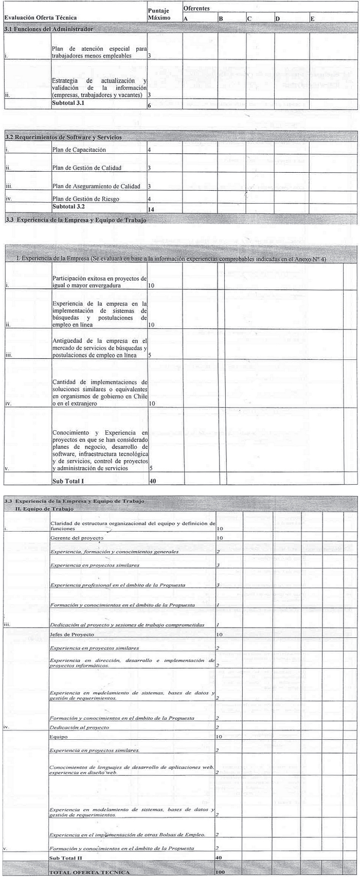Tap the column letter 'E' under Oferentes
pos(313,19)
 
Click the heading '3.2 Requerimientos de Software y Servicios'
pos(63,138)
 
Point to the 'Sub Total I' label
pos(68,481)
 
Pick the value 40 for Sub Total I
pos(152,481)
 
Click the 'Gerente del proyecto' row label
pos(77,538)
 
